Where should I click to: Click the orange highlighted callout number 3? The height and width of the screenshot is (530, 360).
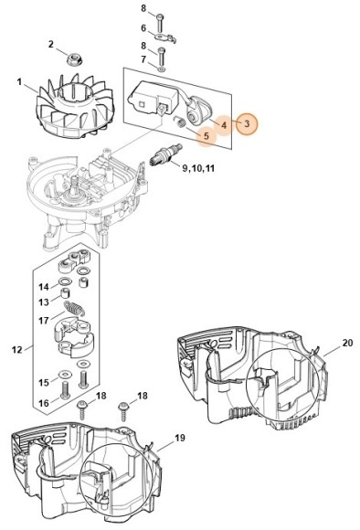246,122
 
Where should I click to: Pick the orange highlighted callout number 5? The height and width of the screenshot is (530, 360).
206,136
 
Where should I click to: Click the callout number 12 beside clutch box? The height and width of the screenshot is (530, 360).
17,348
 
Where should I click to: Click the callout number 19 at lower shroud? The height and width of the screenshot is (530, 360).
179,438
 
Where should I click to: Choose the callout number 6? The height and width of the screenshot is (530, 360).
143,28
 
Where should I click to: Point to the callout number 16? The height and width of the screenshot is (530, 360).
42,402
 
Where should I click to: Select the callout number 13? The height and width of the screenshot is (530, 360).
42,302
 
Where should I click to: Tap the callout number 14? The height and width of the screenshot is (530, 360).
42,286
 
